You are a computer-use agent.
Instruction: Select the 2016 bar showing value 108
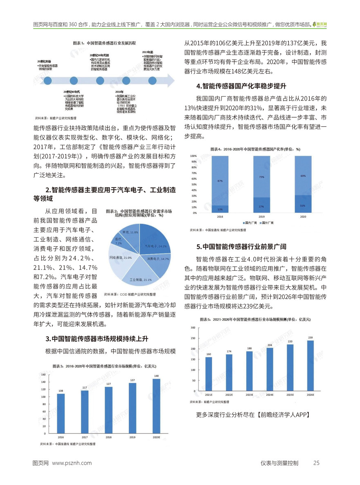pyautogui.click(x=61, y=413)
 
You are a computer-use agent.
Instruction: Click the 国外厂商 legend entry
pyautogui.click(x=268, y=223)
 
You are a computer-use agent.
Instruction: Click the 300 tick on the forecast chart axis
pyautogui.click(x=193, y=328)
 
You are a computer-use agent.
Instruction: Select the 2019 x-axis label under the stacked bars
pyautogui.click(x=261, y=217)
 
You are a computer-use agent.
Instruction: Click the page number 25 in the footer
pyautogui.click(x=316, y=463)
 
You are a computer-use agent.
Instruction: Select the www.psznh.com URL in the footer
pyautogui.click(x=72, y=463)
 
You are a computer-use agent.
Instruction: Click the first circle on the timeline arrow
pyautogui.click(x=48, y=81)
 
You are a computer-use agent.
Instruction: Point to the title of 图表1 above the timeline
pyautogui.click(x=104, y=43)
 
